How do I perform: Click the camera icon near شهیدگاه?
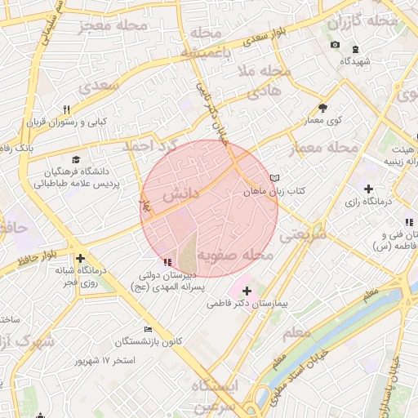click(x=335, y=45)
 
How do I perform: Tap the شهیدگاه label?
click(x=355, y=61)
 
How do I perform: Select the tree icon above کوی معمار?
click(x=322, y=107)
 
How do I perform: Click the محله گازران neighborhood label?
click(x=370, y=20)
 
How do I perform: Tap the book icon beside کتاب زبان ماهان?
click(x=274, y=177)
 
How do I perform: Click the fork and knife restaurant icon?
click(x=67, y=109)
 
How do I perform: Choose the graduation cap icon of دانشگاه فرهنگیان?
click(x=76, y=160)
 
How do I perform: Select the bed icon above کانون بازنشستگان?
click(x=148, y=329)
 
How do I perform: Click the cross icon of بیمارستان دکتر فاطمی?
click(x=247, y=291)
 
